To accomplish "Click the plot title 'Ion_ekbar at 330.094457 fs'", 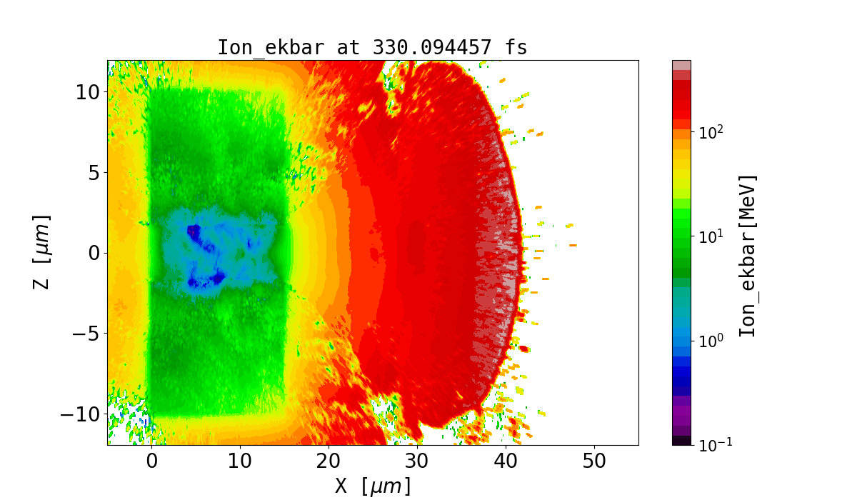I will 372,48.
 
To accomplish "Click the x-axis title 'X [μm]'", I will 373,486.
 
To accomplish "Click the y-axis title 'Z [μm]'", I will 42,252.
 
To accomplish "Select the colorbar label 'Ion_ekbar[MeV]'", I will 748,256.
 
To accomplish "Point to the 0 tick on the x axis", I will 151,461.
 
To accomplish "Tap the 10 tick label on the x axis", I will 240,461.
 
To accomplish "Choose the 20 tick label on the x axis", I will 329,461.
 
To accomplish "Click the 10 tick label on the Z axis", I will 88,92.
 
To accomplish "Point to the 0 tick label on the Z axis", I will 93,253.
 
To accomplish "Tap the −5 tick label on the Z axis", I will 84,334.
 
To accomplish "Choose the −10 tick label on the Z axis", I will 79,414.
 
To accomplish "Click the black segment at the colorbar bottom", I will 682,441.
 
